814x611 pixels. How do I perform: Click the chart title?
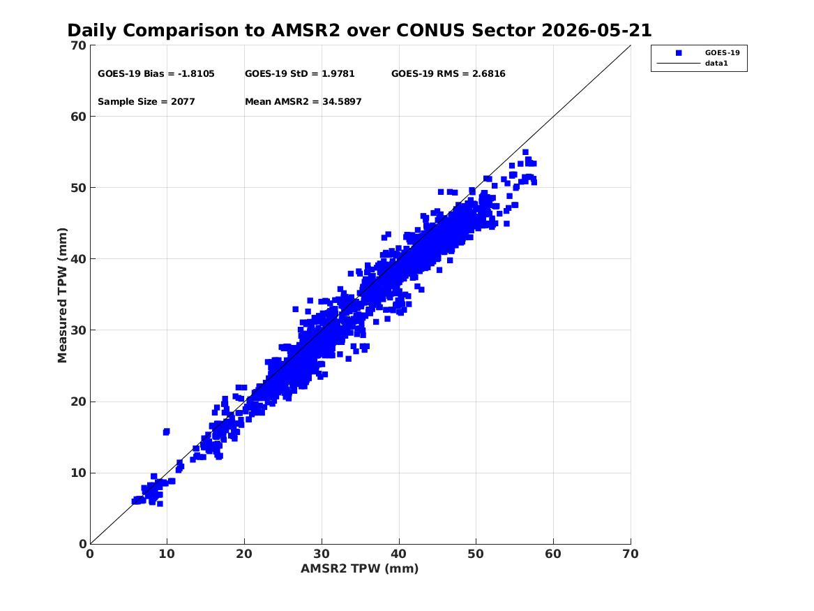[359, 30]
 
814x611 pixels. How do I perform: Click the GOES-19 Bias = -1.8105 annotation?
[156, 74]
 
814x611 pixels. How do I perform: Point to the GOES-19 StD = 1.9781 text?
[299, 74]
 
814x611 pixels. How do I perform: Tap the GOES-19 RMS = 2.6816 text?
[448, 74]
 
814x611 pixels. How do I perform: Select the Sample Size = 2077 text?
[146, 102]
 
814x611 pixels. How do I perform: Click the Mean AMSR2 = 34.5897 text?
[303, 102]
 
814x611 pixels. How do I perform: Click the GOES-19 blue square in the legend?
[679, 53]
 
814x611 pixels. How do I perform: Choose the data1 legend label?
[716, 64]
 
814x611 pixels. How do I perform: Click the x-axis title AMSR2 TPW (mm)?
[359, 568]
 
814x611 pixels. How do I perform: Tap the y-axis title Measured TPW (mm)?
[62, 295]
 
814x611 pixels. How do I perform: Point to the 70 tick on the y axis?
[78, 45]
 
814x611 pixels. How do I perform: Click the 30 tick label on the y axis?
[78, 330]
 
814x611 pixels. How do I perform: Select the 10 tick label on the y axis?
[78, 473]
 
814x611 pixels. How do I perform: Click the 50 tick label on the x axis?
[476, 554]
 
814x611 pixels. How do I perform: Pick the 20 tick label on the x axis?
[244, 554]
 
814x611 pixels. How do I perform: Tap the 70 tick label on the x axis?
[631, 554]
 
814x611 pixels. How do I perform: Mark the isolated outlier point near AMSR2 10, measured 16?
[166, 432]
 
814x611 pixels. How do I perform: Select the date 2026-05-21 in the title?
[596, 30]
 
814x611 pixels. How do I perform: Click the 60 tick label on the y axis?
[78, 117]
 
